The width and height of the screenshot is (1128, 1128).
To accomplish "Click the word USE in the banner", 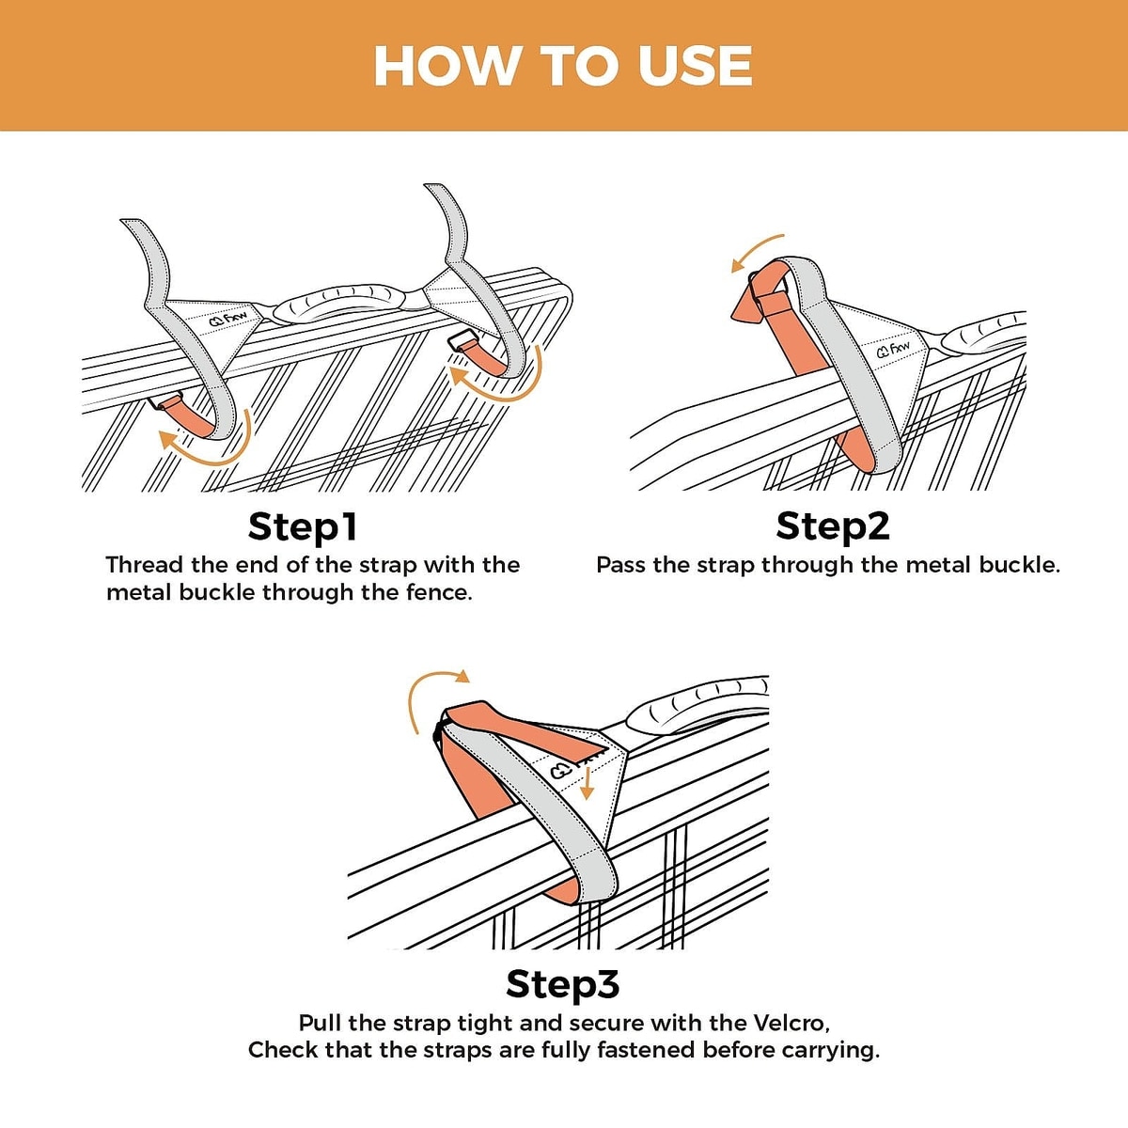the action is tap(695, 65).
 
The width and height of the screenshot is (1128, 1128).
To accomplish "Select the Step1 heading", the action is tap(303, 526).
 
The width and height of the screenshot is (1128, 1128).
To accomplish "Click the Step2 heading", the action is tap(833, 525).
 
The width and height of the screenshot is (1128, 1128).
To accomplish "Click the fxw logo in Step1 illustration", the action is tap(227, 319).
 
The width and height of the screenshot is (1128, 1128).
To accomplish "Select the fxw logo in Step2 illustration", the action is tap(894, 349).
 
